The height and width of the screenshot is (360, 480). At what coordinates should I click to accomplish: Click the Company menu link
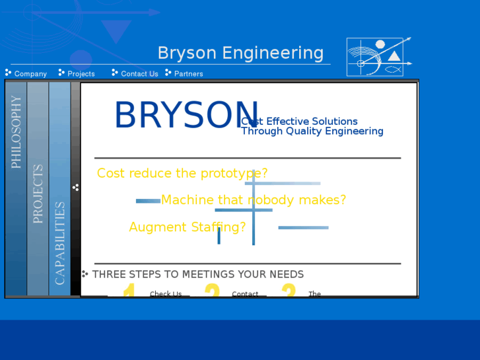(30, 74)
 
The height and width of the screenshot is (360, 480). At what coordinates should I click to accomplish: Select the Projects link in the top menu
(81, 74)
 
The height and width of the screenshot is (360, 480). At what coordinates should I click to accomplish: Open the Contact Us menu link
(139, 74)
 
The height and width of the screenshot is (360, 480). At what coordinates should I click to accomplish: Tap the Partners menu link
(189, 74)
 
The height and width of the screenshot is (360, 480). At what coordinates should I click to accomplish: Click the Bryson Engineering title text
(240, 54)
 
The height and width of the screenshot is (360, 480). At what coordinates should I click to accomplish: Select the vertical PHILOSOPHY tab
(17, 132)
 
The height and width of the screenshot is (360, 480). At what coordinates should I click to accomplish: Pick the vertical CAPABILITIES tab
(60, 243)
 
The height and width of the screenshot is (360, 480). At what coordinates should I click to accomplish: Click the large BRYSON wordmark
(186, 116)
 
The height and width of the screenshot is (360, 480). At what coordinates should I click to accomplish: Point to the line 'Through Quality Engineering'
(312, 131)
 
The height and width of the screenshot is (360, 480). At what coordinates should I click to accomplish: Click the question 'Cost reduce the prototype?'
(182, 174)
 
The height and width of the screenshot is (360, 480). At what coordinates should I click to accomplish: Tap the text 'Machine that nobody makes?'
(254, 200)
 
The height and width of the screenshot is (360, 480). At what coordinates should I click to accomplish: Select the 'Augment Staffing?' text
(188, 227)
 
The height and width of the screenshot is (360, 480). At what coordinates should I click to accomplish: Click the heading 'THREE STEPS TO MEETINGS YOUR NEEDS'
(198, 274)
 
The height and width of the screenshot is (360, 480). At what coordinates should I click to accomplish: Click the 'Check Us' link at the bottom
(166, 294)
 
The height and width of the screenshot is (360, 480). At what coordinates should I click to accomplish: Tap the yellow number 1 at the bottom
(129, 291)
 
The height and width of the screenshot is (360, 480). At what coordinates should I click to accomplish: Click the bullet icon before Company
(8, 73)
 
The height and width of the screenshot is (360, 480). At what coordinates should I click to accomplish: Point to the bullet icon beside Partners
(168, 73)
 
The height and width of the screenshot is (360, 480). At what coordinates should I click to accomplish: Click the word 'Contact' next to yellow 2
(245, 294)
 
